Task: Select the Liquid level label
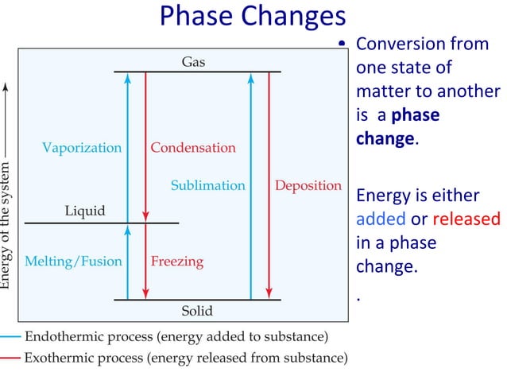[85, 211]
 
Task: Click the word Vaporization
[82, 148]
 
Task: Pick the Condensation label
[193, 148]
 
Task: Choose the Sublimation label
[207, 185]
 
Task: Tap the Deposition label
[308, 185]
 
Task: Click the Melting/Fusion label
[74, 261]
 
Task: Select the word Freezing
[177, 261]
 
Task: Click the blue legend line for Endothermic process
[10, 336]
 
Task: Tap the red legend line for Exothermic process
[10, 358]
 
